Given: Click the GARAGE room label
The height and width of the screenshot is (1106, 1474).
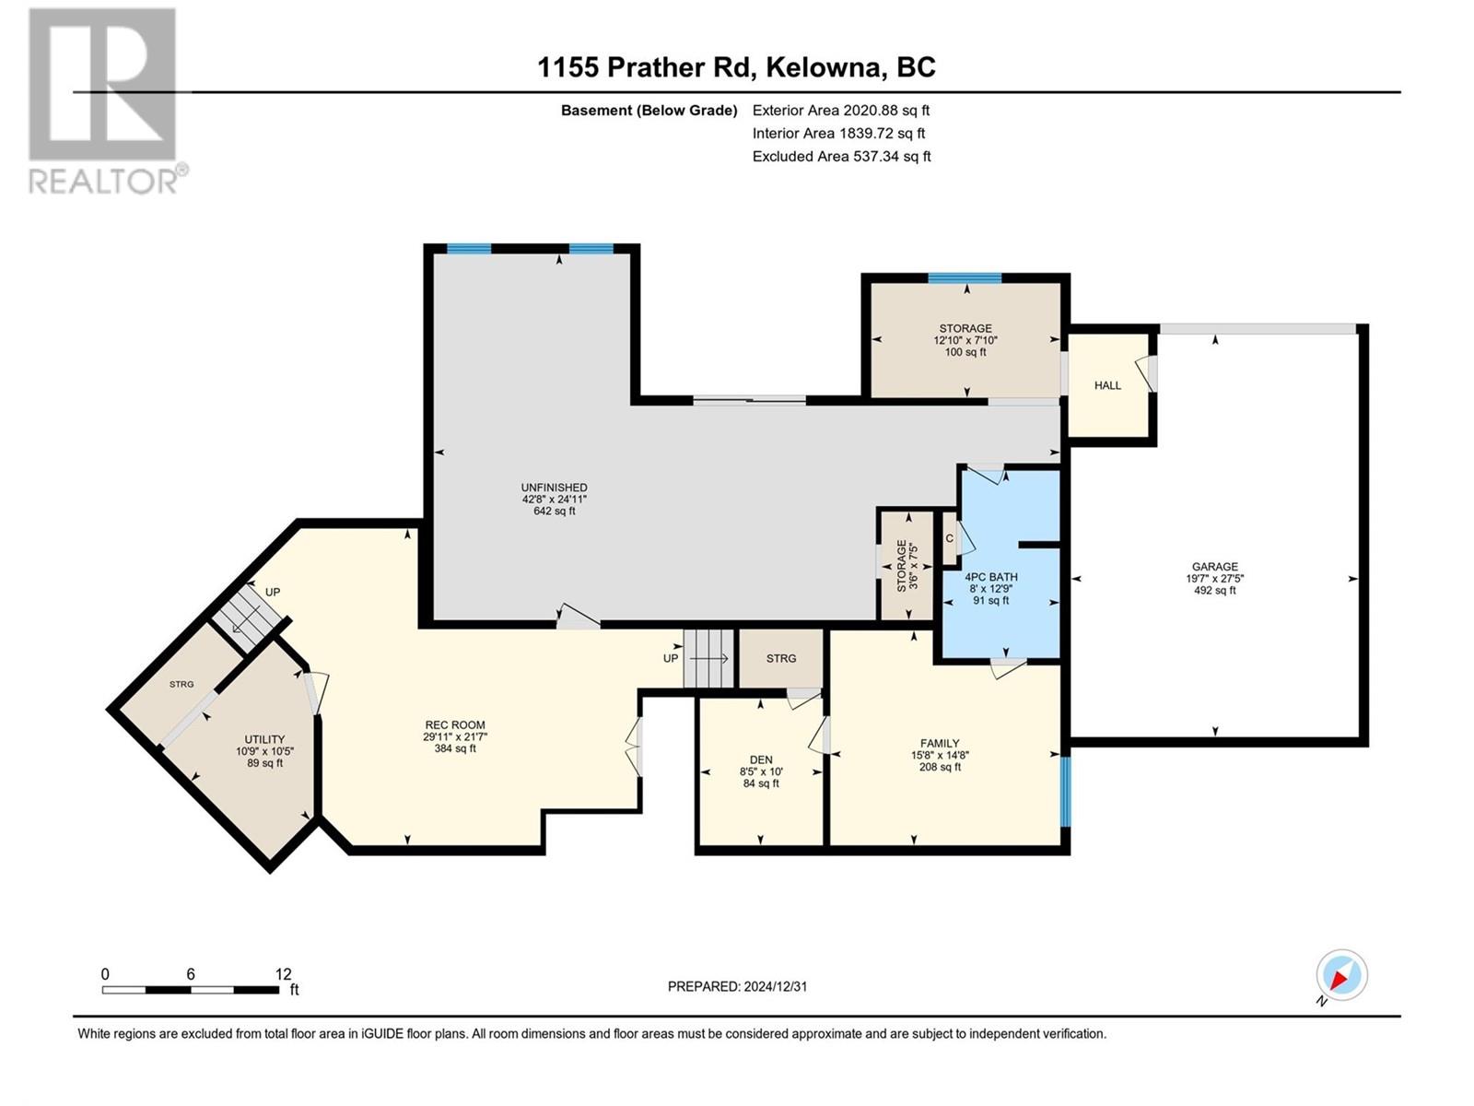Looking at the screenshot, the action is point(1214,566).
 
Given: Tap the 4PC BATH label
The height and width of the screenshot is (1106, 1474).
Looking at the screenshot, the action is point(991,577).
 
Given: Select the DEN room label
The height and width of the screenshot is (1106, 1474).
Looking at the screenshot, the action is point(761,759).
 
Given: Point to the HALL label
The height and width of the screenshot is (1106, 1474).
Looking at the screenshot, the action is point(1107,385).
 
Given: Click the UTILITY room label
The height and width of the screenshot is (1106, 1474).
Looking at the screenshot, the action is point(264,739).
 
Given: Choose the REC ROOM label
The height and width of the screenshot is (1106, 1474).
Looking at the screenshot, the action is point(454,725).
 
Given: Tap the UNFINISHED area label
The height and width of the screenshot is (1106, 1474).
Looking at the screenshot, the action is point(554,488).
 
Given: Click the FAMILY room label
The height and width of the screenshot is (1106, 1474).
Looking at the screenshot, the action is point(940,744).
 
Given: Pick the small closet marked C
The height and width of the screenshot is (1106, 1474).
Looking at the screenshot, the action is point(950,538).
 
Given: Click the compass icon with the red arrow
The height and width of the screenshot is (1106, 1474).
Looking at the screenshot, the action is point(1341,974).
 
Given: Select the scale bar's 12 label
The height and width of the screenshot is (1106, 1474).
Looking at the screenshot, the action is point(284,973).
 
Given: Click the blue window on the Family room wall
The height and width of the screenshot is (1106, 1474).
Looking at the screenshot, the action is point(1065,791).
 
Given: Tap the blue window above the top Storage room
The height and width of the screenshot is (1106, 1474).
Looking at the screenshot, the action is point(965,278).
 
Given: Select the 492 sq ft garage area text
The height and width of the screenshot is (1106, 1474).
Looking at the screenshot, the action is point(1214,590).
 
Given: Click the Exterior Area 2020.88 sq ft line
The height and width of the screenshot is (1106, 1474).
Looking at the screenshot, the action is point(841,110).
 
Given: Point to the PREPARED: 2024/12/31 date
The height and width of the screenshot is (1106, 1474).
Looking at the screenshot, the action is point(737,986).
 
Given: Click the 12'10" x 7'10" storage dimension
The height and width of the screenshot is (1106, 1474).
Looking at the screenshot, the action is point(965,340).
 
